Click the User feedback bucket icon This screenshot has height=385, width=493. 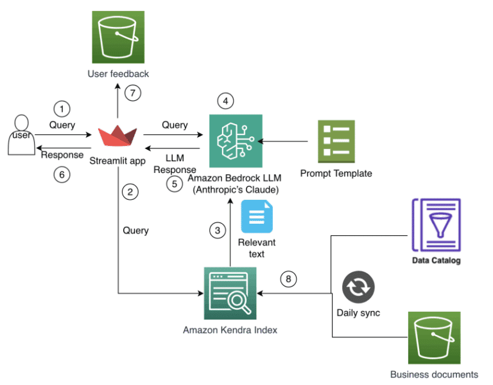[x=118, y=37]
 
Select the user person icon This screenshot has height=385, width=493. [x=21, y=135]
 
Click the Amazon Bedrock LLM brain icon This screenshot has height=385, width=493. [x=236, y=140]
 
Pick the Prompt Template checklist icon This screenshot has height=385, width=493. [x=336, y=140]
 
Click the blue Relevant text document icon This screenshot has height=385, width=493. [x=256, y=217]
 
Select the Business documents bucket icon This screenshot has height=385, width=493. [x=435, y=338]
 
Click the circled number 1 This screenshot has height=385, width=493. [x=62, y=109]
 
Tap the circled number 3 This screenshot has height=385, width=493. [x=218, y=231]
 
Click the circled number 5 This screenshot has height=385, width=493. [x=174, y=184]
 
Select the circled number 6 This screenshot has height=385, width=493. [x=62, y=174]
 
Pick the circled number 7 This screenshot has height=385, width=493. [x=132, y=93]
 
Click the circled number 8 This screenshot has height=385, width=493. [x=289, y=279]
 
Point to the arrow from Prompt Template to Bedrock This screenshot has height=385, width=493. [x=289, y=140]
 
